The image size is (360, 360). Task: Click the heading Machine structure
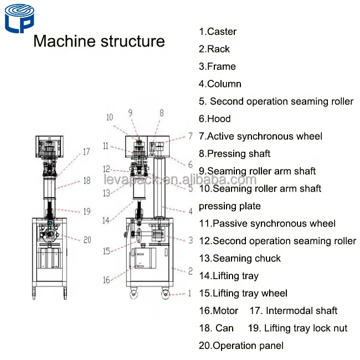point(100,42)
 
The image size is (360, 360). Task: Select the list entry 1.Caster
point(218,32)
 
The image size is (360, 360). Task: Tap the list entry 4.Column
point(220,84)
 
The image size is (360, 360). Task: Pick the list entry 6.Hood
point(215,119)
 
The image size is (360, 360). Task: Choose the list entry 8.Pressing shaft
point(234,153)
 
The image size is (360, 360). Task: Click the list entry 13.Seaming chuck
point(239,258)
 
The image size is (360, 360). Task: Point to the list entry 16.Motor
point(218,311)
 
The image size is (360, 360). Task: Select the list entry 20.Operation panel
point(241,346)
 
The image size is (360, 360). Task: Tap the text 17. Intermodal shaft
point(294,311)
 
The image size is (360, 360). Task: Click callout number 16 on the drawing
point(106,280)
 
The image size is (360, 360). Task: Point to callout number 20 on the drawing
point(87,240)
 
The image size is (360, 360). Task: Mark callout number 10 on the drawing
point(109,117)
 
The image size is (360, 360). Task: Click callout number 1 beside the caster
point(189,294)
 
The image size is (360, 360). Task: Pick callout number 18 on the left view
point(87,181)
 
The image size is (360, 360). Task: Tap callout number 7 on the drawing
point(190,135)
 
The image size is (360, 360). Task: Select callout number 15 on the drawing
point(106,251)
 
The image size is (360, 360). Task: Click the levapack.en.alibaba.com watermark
point(180,180)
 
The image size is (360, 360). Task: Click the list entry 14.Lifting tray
point(228,276)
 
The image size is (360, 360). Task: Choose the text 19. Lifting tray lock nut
point(298,328)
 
